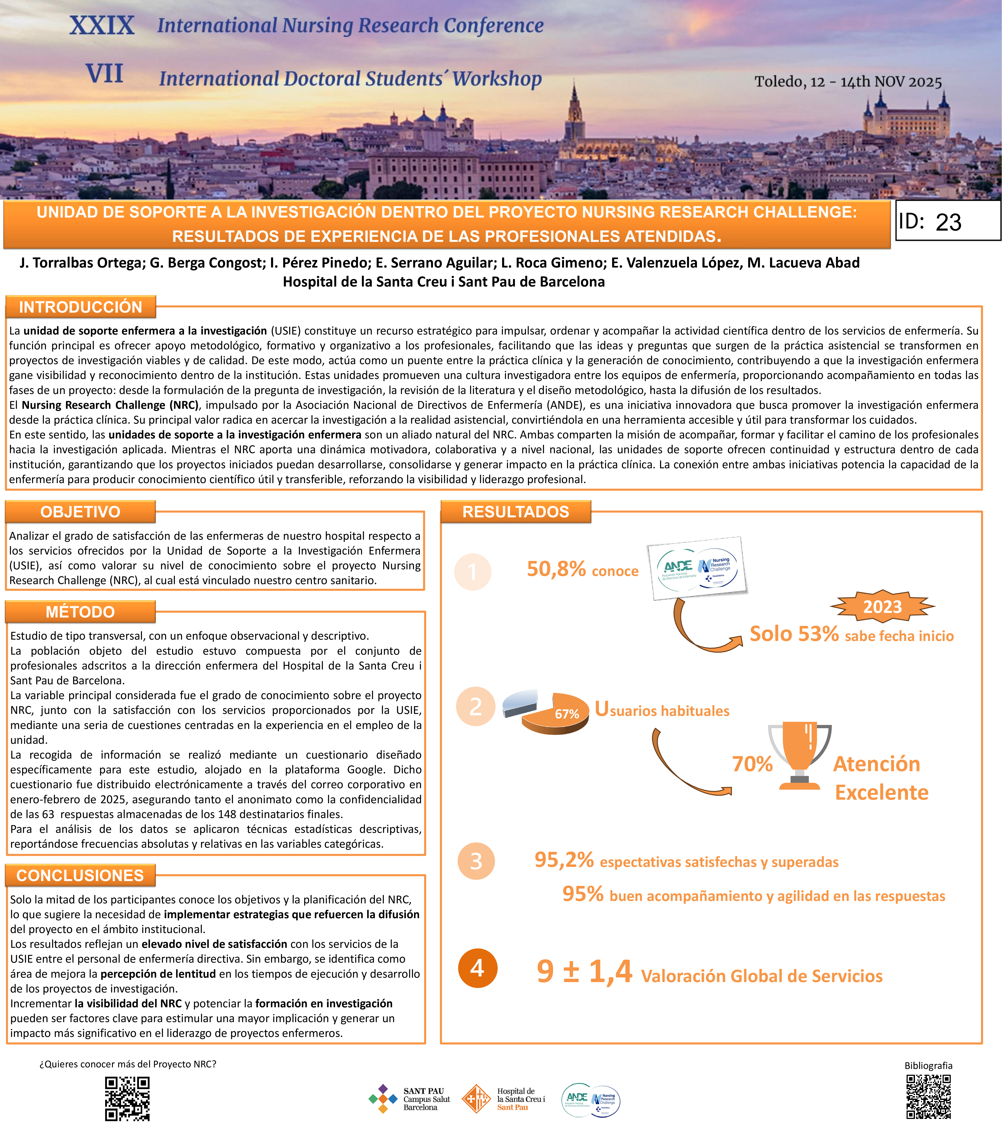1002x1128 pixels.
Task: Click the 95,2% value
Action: point(564,860)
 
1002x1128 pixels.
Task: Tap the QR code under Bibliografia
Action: point(929,1097)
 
